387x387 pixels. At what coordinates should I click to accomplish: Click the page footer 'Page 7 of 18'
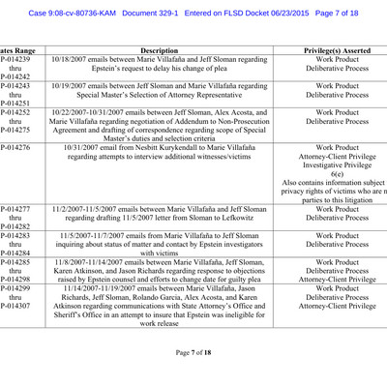(193, 351)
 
